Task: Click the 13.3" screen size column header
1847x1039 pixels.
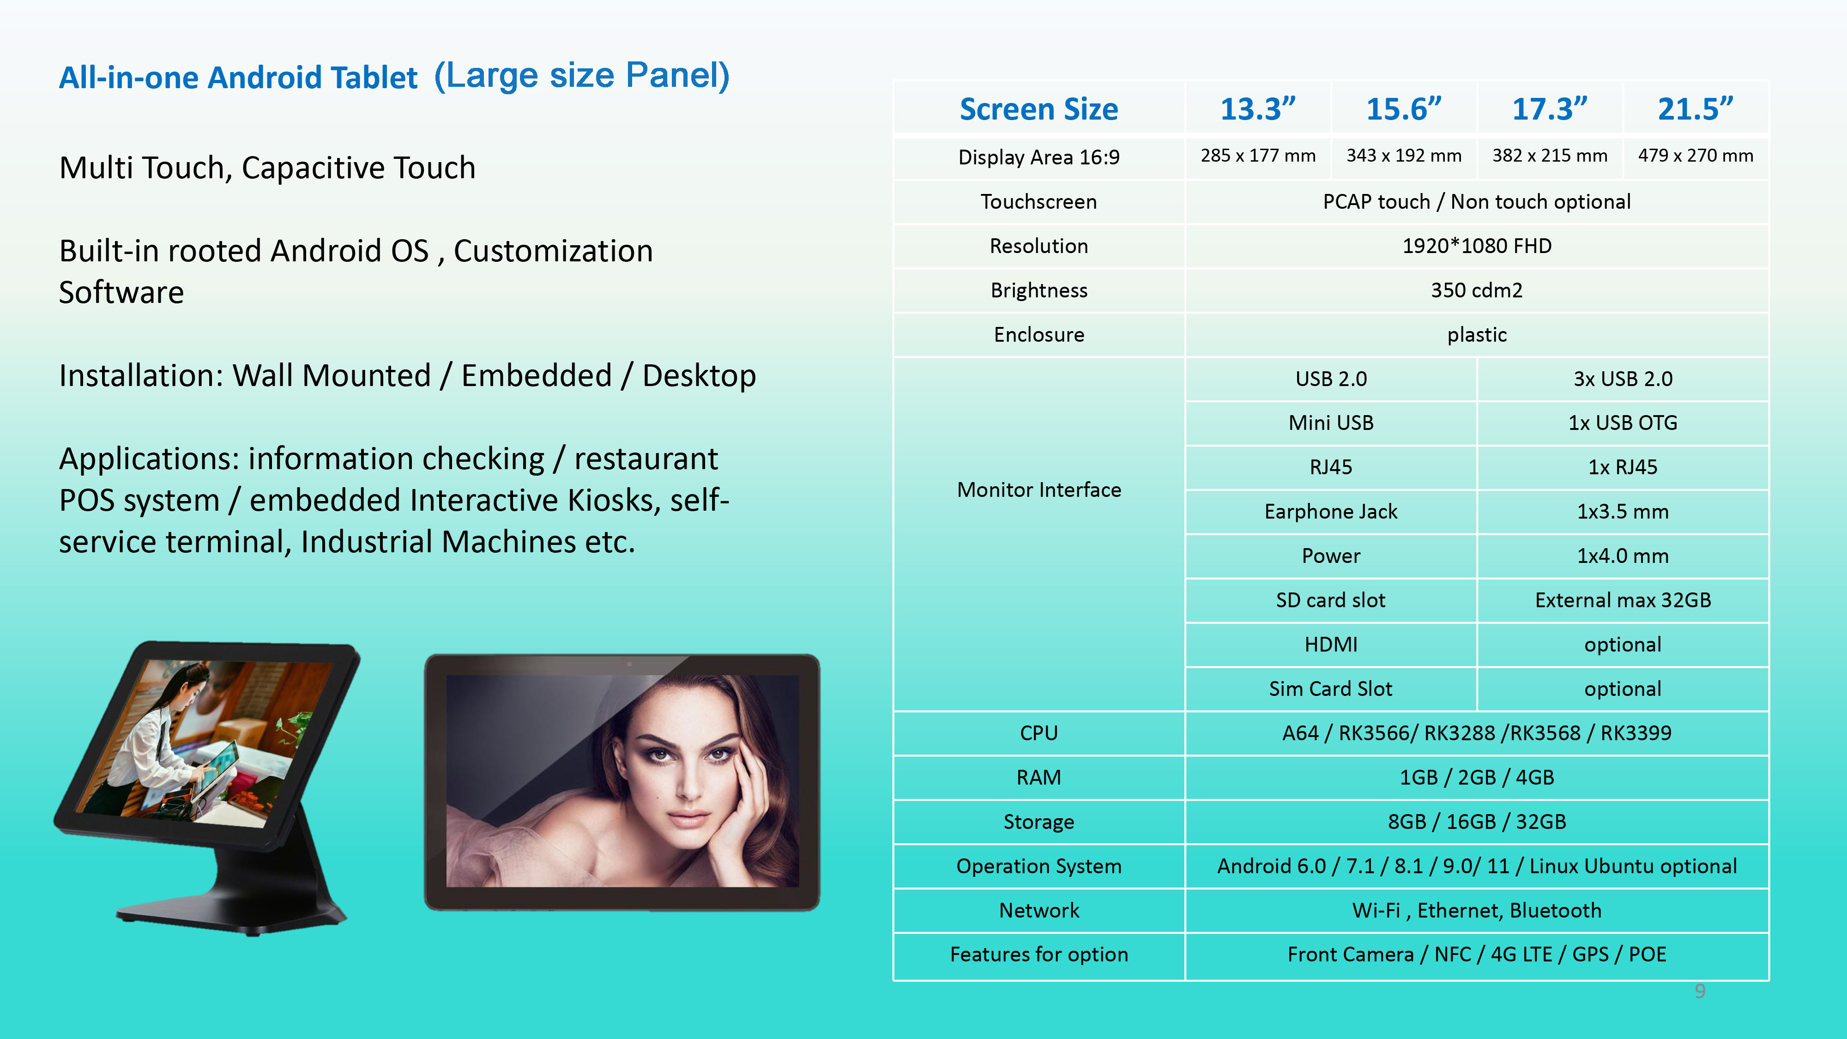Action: point(1258,109)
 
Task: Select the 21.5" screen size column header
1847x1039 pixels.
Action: point(1695,109)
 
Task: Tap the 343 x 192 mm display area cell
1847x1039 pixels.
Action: point(1403,156)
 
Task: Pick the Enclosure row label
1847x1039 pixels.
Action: point(1039,335)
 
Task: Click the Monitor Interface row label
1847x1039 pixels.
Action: point(1039,490)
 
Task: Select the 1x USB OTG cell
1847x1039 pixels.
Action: point(1623,423)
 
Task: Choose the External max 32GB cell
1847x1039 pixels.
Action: point(1623,600)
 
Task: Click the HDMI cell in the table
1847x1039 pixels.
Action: point(1331,645)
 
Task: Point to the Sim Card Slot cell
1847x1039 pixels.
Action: point(1331,689)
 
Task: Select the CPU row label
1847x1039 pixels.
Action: point(1039,733)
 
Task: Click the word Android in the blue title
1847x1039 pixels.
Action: point(261,78)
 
